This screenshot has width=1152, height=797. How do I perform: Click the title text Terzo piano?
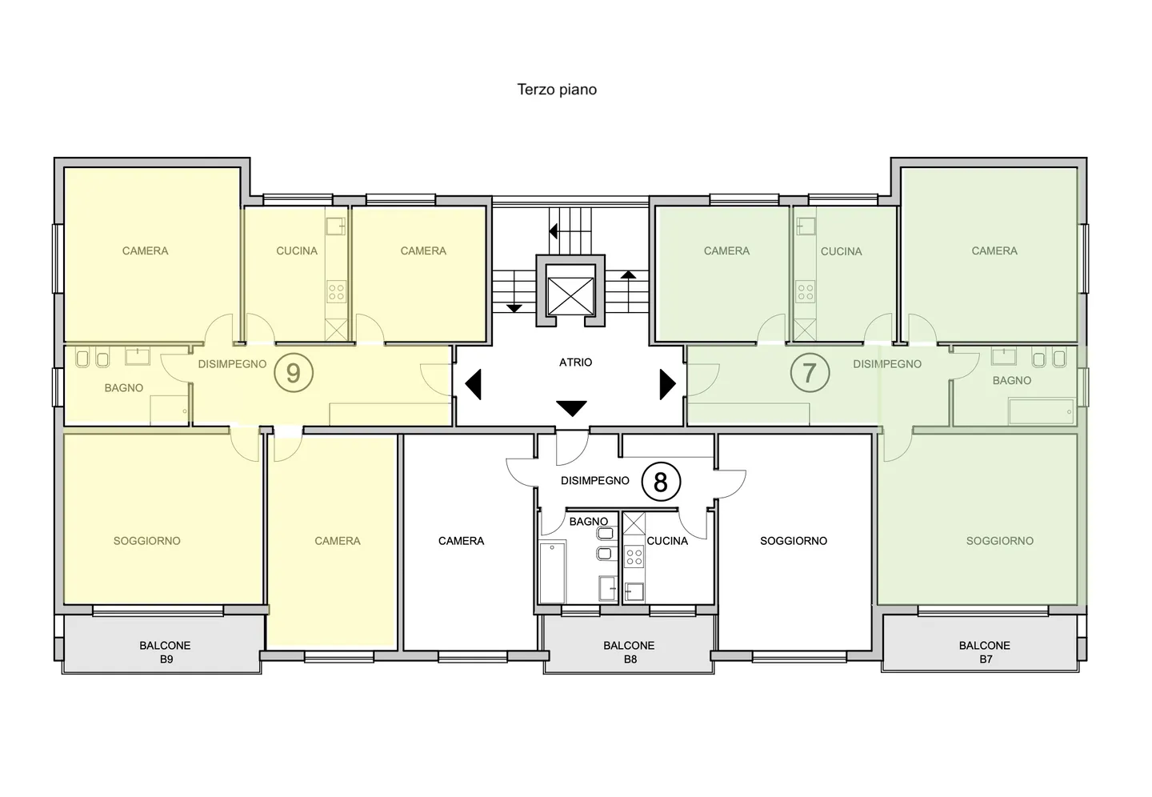point(557,90)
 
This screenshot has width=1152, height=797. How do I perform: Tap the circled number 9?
point(293,373)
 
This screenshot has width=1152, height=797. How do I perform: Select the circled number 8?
point(661,482)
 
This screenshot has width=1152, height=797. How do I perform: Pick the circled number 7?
point(810,373)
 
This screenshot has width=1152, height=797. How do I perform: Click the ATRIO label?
point(575,362)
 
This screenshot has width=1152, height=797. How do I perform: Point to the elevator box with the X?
point(571,296)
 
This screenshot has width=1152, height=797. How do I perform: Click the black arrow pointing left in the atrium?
point(473,384)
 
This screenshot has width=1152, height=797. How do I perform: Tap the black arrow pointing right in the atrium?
point(667,384)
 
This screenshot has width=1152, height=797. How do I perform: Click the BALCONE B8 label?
point(629,652)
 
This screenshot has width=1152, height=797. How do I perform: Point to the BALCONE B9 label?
point(165,652)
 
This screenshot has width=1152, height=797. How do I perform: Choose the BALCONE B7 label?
point(984,652)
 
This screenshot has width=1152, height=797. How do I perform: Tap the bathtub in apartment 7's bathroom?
point(1042,411)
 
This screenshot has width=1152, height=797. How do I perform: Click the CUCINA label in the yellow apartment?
point(297,251)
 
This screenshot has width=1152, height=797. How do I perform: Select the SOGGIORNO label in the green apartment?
point(999,541)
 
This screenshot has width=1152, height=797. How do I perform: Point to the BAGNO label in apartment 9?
point(124,388)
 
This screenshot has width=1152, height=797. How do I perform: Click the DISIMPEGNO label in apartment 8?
point(595,481)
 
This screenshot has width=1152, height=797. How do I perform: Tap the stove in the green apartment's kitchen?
point(805,292)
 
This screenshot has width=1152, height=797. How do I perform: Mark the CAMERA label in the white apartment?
point(462,541)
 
